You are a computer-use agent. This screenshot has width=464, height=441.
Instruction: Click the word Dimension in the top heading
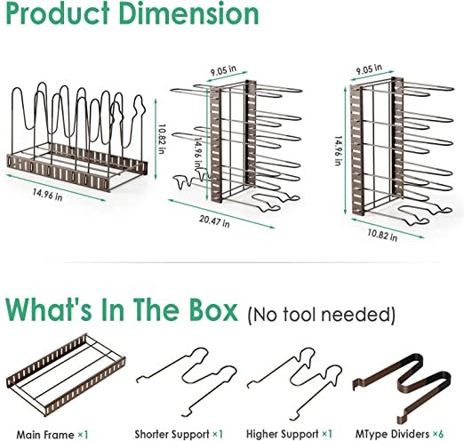click(188, 13)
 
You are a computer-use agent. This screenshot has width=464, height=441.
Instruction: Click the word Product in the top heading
click(58, 13)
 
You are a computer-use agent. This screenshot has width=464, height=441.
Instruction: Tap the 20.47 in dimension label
click(214, 220)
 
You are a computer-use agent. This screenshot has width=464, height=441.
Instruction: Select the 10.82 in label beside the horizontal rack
click(162, 139)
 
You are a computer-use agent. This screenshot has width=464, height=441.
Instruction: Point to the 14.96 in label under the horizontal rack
click(47, 195)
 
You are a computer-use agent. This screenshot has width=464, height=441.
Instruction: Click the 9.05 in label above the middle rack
click(223, 70)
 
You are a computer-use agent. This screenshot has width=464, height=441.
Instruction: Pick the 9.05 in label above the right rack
click(369, 69)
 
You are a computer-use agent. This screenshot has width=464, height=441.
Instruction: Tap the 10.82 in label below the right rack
click(382, 235)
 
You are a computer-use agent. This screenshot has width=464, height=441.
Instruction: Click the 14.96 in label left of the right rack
click(339, 151)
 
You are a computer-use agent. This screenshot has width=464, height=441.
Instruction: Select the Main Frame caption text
click(45, 435)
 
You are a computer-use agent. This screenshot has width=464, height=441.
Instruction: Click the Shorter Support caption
click(172, 434)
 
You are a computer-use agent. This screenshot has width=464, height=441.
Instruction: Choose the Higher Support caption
click(283, 434)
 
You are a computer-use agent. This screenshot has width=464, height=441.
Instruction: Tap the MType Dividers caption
click(392, 434)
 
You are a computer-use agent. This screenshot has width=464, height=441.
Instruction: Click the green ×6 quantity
click(438, 434)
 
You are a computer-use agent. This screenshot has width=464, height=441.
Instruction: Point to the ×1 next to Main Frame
click(83, 435)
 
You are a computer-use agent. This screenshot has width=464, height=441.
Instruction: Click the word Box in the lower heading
click(213, 309)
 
